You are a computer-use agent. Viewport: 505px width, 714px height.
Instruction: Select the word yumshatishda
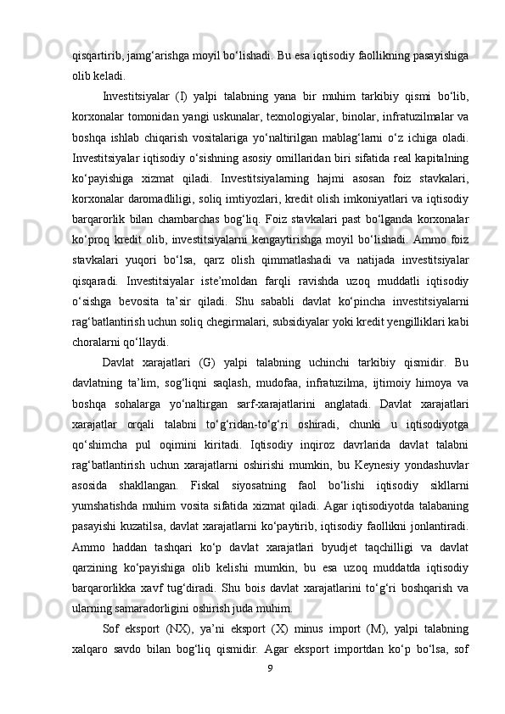pos(109,506)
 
